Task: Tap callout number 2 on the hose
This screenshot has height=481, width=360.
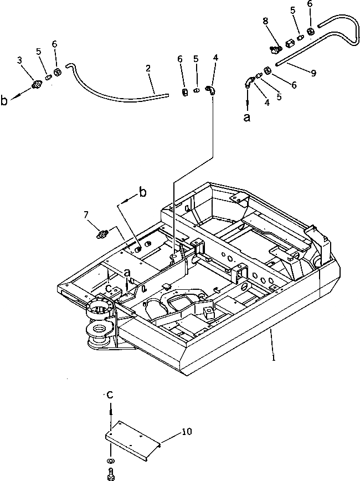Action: coord(148,69)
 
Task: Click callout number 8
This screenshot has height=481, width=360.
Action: coord(266,21)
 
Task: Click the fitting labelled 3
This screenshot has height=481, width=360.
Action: coord(37,85)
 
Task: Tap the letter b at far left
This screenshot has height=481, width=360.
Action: coord(5,100)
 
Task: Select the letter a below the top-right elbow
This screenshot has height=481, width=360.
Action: coord(247,117)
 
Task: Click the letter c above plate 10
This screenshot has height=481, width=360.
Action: coord(110,395)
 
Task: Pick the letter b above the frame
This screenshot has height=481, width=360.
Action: coord(142,192)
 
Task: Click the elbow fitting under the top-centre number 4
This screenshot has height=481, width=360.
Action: coord(211,90)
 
